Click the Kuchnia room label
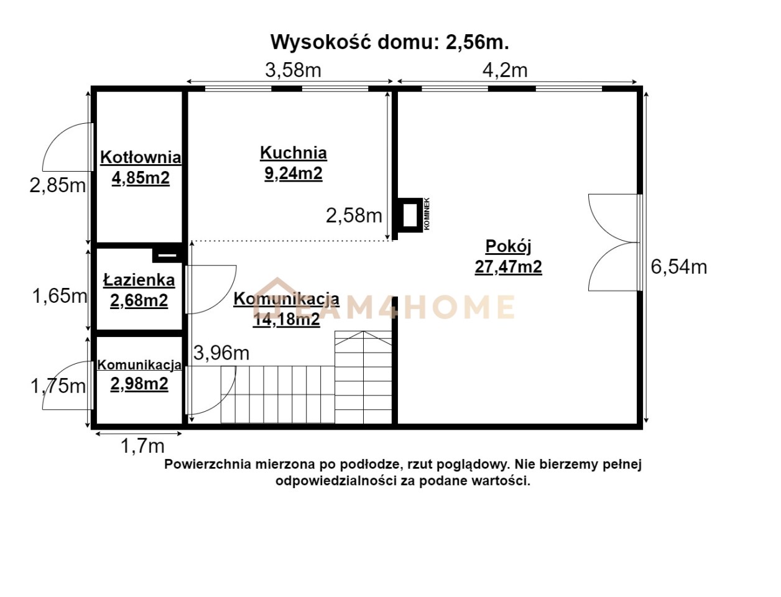pos(293,152)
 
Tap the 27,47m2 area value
pos(508,267)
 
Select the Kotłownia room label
pos(141,157)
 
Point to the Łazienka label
pos(139,280)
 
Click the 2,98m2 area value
pos(139,384)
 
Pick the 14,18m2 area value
pos(286,319)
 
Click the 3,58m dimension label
pos(293,70)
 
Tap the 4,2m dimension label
pos(504,70)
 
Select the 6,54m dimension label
pos(678,267)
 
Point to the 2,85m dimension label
pos(58,185)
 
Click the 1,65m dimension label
pos(60,295)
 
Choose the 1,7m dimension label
pos(142,445)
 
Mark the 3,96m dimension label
pos(221,353)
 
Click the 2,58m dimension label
pos(354,215)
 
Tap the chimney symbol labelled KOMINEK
pos(409,215)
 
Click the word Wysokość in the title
pos(321,42)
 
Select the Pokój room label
pos(508,246)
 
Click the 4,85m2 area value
pos(141,177)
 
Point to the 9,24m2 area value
pos(293,174)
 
